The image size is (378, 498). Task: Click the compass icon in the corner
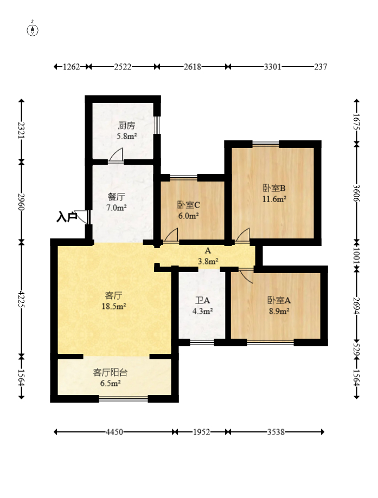(33, 30)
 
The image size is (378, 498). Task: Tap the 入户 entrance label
(67, 217)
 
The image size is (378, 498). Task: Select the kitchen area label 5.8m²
(126, 136)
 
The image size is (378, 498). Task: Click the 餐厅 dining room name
(117, 197)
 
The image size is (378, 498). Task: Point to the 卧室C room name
(189, 205)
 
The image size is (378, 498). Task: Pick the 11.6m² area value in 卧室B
(274, 199)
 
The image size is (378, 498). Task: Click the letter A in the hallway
(208, 250)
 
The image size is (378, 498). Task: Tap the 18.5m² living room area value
(114, 307)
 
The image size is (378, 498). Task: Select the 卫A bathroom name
(202, 300)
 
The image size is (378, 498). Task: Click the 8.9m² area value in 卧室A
(279, 311)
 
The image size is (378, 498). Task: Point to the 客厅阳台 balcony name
(110, 372)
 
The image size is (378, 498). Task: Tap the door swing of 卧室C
(171, 235)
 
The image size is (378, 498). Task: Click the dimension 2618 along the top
(193, 67)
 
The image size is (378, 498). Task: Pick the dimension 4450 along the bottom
(114, 432)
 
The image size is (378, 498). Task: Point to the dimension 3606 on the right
(356, 193)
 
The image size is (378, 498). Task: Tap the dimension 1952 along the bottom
(202, 432)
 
